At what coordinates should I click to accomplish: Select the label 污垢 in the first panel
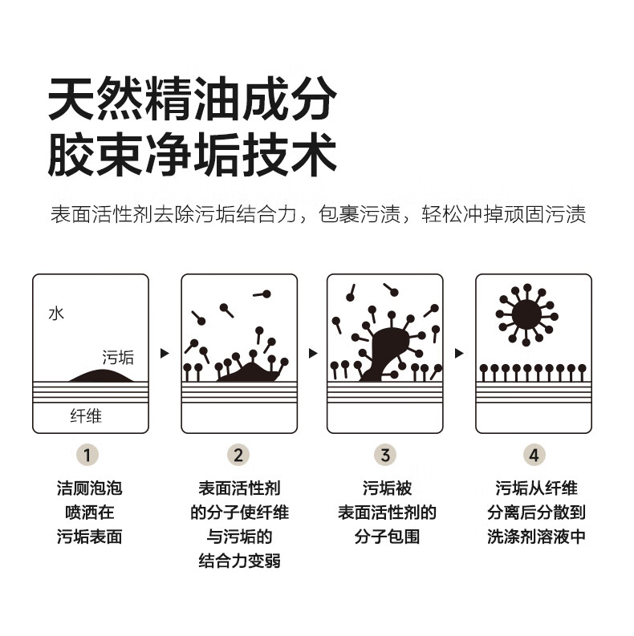[x=118, y=357]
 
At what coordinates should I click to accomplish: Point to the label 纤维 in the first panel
[x=86, y=415]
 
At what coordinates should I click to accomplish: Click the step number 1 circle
[x=90, y=455]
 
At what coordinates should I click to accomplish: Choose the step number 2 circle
[x=238, y=455]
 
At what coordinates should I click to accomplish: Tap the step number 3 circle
[x=385, y=455]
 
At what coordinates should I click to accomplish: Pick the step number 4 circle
[x=534, y=455]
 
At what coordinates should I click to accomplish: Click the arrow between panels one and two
[x=165, y=353]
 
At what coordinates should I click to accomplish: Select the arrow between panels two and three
[x=312, y=353]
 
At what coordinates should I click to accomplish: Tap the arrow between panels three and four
[x=459, y=353]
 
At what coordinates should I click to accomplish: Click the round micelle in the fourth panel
[x=526, y=313]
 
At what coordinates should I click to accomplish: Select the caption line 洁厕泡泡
[x=90, y=488]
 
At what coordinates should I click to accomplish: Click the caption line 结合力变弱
[x=238, y=561]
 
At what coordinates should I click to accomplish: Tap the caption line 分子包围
[x=386, y=537]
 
